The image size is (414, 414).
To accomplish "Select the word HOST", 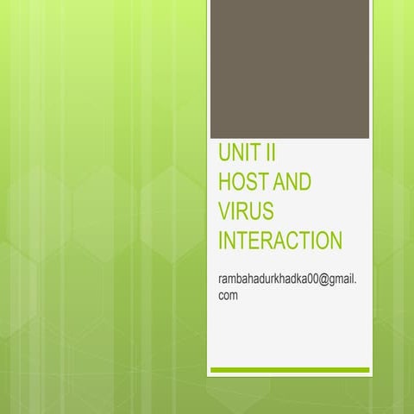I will click(244, 184).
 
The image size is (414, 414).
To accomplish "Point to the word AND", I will click(292, 184).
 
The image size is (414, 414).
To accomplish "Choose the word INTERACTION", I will click(280, 241).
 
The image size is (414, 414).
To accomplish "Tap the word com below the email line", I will click(229, 296).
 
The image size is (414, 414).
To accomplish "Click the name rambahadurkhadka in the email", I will click(258, 281).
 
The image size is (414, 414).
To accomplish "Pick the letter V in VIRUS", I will click(225, 212).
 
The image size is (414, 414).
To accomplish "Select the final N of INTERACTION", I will click(335, 241).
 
